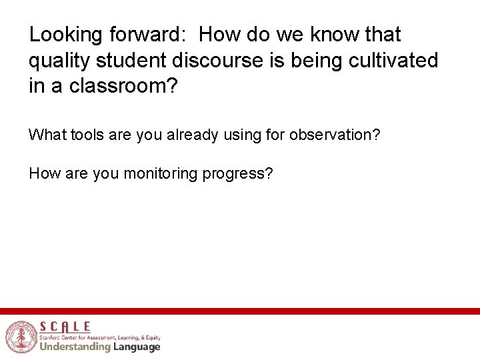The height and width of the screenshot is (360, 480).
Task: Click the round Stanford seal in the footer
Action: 21,337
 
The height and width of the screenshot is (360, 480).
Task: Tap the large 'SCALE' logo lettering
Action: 65,327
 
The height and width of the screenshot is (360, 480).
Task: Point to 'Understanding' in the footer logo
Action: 75,347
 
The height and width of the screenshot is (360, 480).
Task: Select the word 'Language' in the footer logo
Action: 136,347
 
